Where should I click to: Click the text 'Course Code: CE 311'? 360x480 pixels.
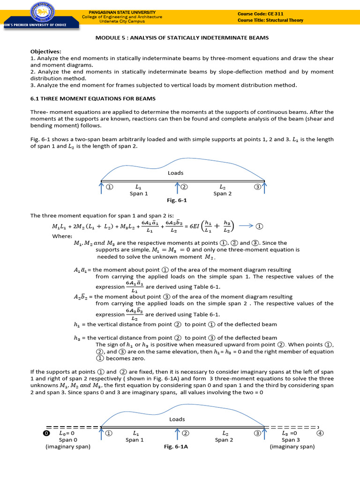pos(261,14)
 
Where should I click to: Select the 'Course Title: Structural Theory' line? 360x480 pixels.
pos(270,20)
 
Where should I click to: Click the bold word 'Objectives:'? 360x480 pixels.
pos(46,52)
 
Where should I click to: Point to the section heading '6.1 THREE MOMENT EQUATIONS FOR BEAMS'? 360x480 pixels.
pos(93,98)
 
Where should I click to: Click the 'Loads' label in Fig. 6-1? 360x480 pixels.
pos(176,173)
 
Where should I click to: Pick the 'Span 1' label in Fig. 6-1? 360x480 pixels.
pos(139,194)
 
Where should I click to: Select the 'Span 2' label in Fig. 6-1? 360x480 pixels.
pos(223,194)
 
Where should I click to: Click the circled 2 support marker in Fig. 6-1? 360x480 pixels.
pos(184,187)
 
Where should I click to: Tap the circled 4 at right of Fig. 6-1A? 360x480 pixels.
pos(320,433)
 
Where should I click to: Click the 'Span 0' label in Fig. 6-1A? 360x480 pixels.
pos(66,440)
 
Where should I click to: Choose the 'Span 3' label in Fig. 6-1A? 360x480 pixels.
pos(288,440)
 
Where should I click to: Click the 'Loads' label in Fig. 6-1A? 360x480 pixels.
pos(177,419)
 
